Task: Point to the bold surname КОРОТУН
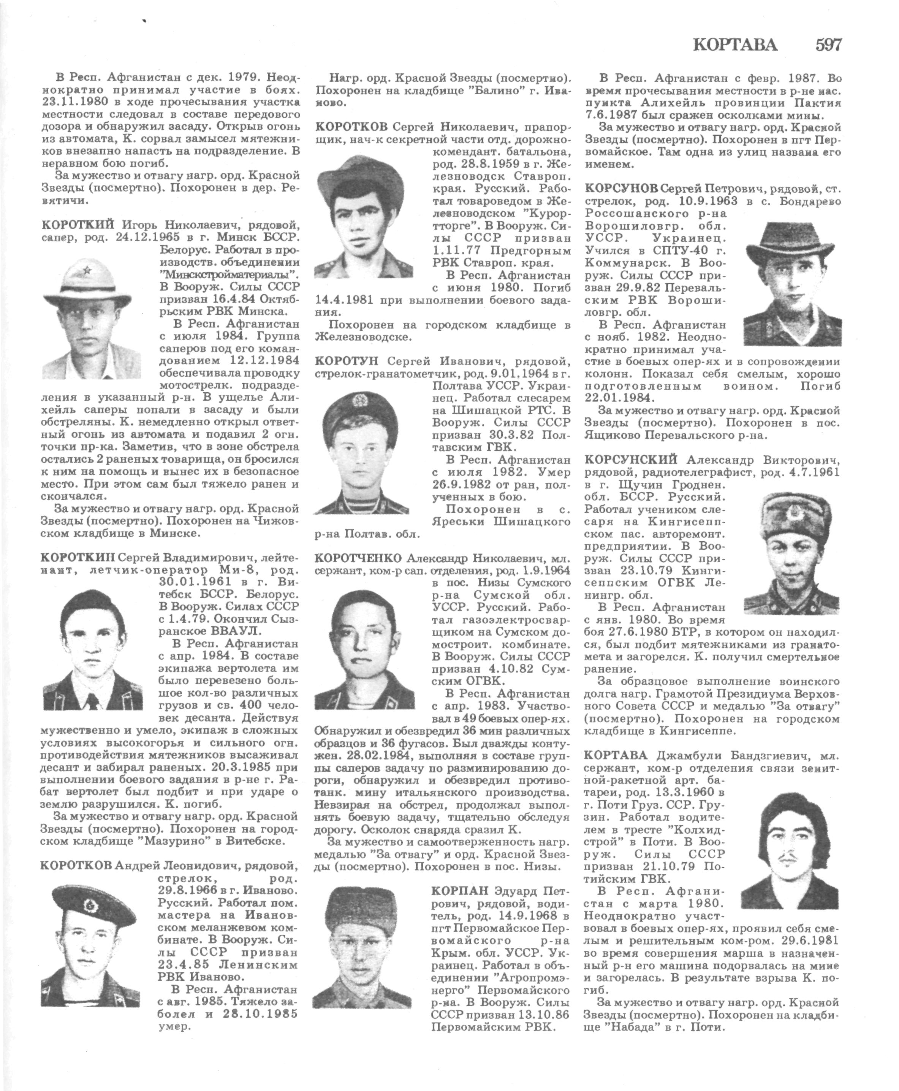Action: [x=347, y=360]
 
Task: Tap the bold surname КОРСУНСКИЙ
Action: [x=631, y=459]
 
